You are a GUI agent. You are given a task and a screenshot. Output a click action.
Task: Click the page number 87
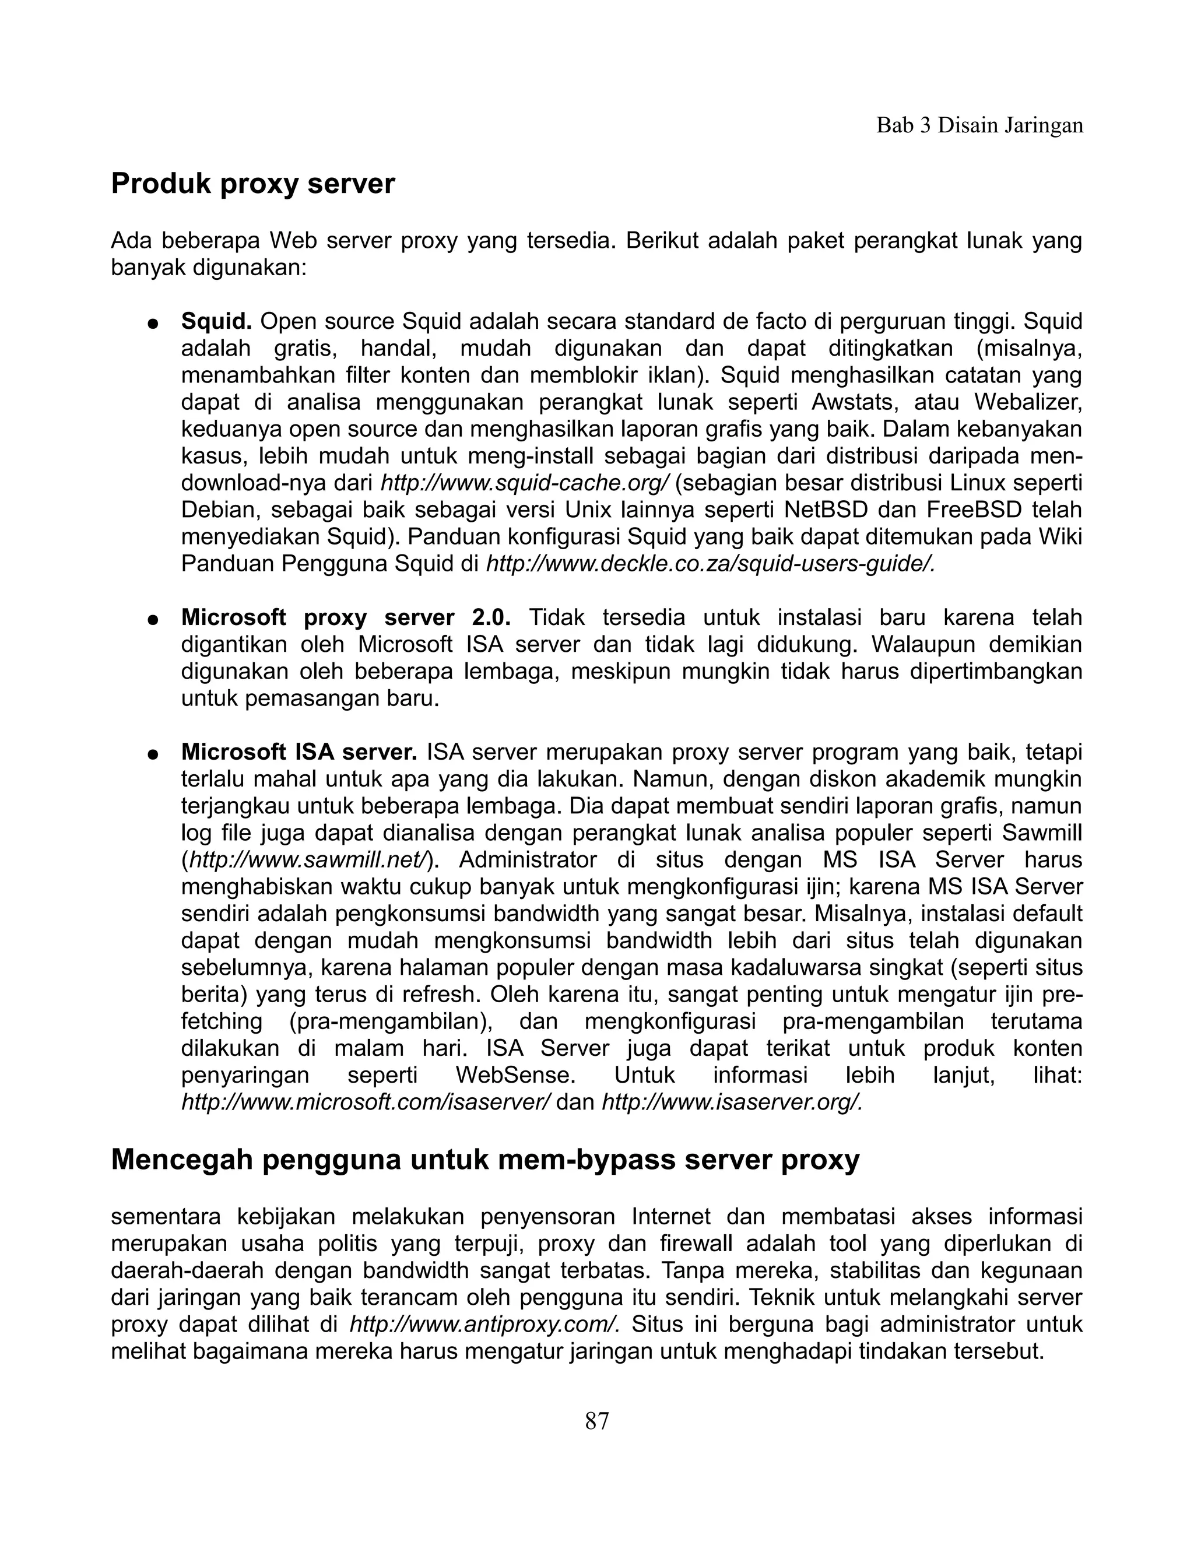tap(596, 1420)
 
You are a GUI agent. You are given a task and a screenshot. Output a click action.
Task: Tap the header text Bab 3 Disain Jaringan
tap(979, 126)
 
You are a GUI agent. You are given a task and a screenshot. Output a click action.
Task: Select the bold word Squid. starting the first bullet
tap(216, 322)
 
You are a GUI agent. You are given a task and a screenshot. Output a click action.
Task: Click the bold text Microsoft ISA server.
tap(298, 752)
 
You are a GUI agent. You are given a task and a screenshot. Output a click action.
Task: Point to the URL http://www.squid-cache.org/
tap(524, 484)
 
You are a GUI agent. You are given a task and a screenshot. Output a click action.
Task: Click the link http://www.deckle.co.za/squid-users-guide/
tap(710, 564)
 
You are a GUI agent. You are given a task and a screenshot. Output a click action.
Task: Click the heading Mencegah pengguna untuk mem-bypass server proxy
tap(484, 1160)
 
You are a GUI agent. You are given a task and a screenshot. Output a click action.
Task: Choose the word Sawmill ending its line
tap(1041, 833)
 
